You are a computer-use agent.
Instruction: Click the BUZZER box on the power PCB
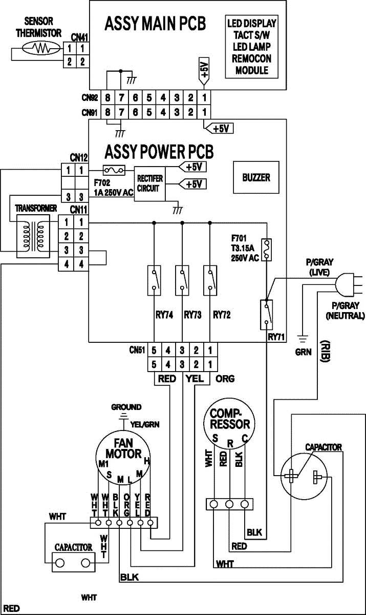pyautogui.click(x=256, y=178)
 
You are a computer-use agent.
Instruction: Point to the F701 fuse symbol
pyautogui.click(x=266, y=248)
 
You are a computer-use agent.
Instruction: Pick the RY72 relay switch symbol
pyautogui.click(x=210, y=280)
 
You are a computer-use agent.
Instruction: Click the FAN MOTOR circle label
pyautogui.click(x=123, y=448)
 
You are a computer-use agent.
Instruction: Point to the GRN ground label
pyautogui.click(x=303, y=352)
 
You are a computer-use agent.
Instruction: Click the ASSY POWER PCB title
pyautogui.click(x=159, y=152)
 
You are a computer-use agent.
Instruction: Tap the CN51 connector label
pyautogui.click(x=138, y=351)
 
